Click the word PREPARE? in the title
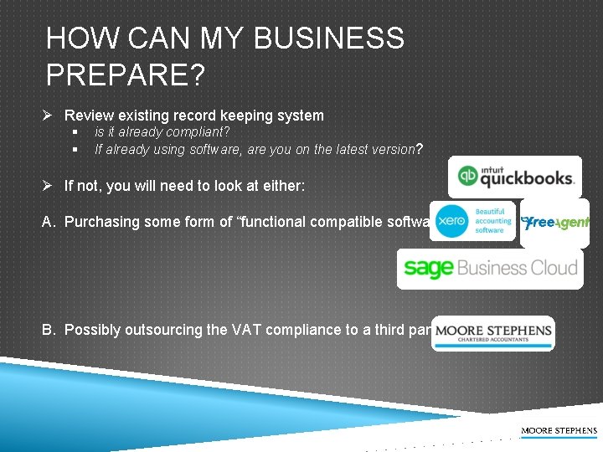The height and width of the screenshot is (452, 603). (x=126, y=75)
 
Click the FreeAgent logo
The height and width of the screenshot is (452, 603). (x=554, y=223)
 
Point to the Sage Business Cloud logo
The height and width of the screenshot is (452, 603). (x=490, y=269)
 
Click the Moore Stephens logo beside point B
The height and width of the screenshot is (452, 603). (x=493, y=332)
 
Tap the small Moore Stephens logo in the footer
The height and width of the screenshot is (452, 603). (x=559, y=431)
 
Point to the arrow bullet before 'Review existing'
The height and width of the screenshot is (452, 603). (x=51, y=116)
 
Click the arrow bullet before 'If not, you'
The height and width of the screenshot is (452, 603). (x=51, y=186)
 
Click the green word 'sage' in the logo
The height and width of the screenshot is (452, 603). (x=428, y=269)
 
